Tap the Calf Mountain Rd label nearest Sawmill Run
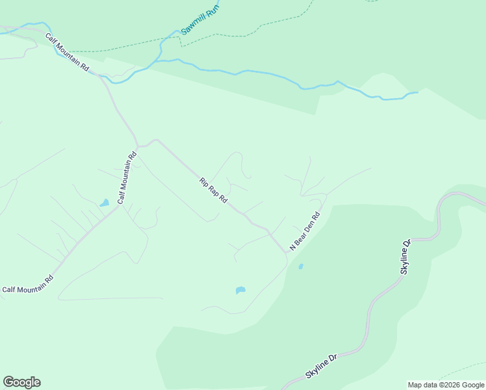[x=66, y=52]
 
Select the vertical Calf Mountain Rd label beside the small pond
[x=127, y=177]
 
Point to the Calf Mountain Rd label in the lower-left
[x=27, y=285]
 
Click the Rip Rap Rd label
[x=213, y=190]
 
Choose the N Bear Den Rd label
[x=305, y=231]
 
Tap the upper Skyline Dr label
[x=406, y=257]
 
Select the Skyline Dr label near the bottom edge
[x=322, y=367]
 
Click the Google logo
[x=21, y=382]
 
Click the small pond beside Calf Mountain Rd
[x=104, y=203]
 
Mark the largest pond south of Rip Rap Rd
[x=240, y=290]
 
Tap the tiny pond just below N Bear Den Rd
[x=300, y=266]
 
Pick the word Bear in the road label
[x=301, y=234]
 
